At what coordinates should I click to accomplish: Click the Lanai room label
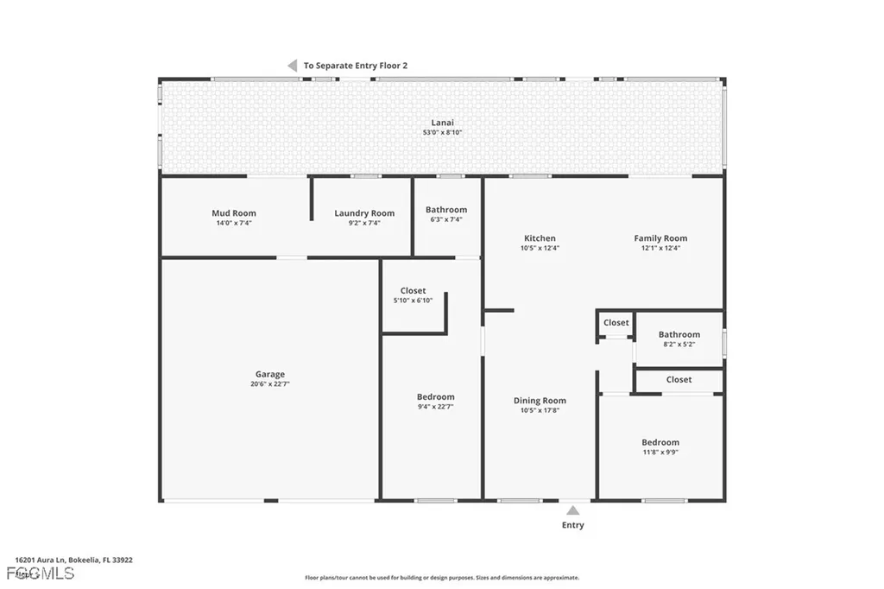pyautogui.click(x=442, y=123)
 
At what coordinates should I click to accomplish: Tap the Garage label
pyautogui.click(x=269, y=375)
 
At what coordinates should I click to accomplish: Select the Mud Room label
pyautogui.click(x=234, y=213)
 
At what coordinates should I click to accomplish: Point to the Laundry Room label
pyautogui.click(x=364, y=213)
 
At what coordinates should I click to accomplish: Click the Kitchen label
pyautogui.click(x=540, y=238)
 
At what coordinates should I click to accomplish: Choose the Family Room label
pyautogui.click(x=660, y=238)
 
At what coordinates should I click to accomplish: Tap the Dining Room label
pyautogui.click(x=540, y=401)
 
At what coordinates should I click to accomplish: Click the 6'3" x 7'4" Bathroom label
pyautogui.click(x=446, y=210)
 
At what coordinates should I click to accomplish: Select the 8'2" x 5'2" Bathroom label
pyautogui.click(x=679, y=335)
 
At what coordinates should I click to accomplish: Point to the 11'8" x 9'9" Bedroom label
pyautogui.click(x=660, y=442)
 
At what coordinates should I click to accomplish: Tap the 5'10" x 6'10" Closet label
pyautogui.click(x=413, y=291)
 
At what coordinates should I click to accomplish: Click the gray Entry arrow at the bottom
pyautogui.click(x=572, y=510)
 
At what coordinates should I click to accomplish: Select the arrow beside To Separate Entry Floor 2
pyautogui.click(x=292, y=66)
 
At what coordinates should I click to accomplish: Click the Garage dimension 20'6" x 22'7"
pyautogui.click(x=269, y=384)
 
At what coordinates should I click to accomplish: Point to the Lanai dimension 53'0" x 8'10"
pyautogui.click(x=442, y=132)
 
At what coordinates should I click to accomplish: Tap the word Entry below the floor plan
pyautogui.click(x=572, y=525)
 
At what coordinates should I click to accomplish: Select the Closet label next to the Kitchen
pyautogui.click(x=616, y=323)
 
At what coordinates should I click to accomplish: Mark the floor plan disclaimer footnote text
pyautogui.click(x=442, y=578)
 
